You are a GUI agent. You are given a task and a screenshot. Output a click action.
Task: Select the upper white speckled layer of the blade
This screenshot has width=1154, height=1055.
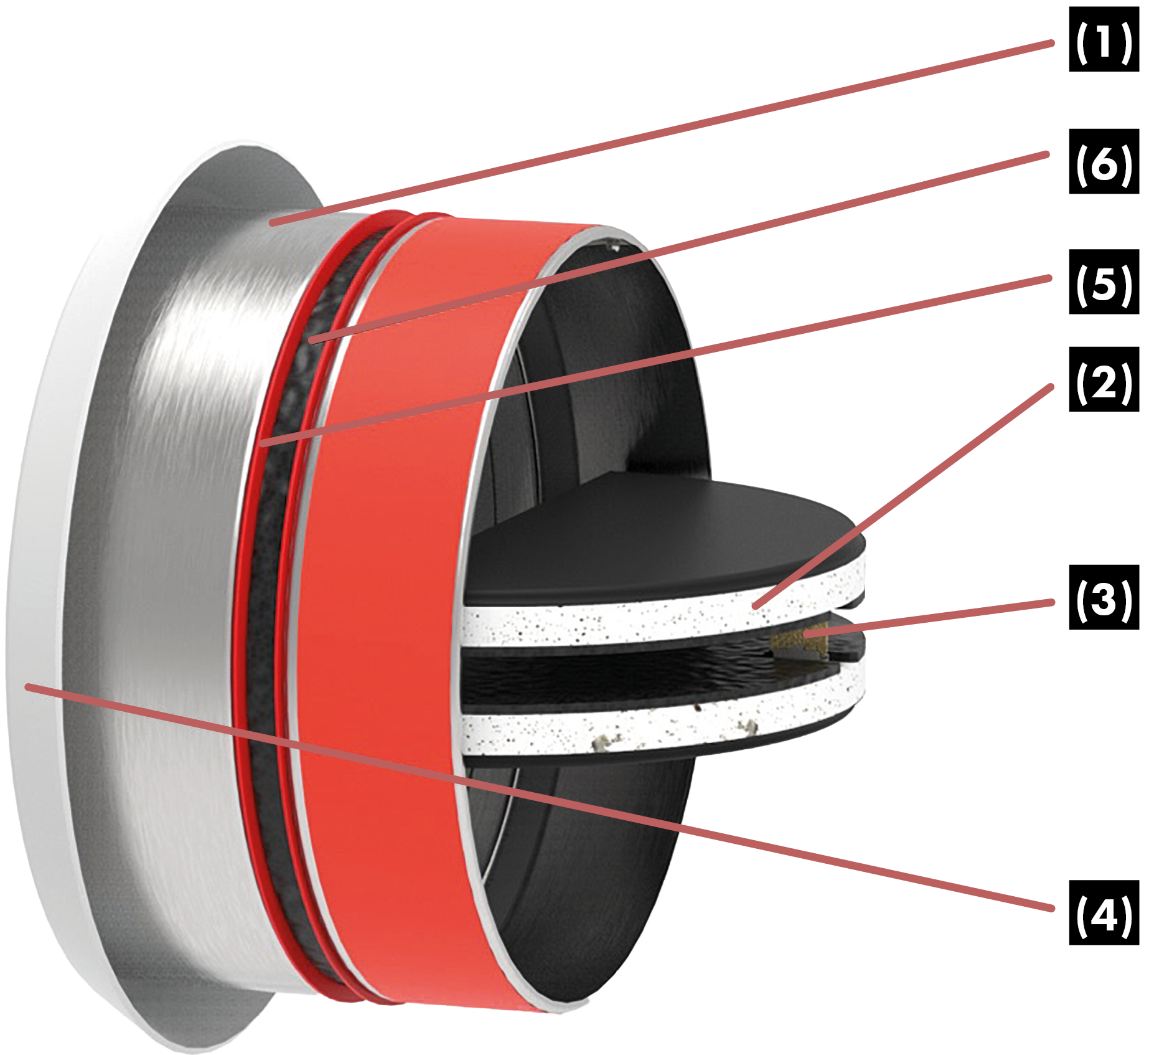point(622,620)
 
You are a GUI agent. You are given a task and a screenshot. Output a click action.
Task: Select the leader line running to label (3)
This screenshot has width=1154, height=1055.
point(934,617)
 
